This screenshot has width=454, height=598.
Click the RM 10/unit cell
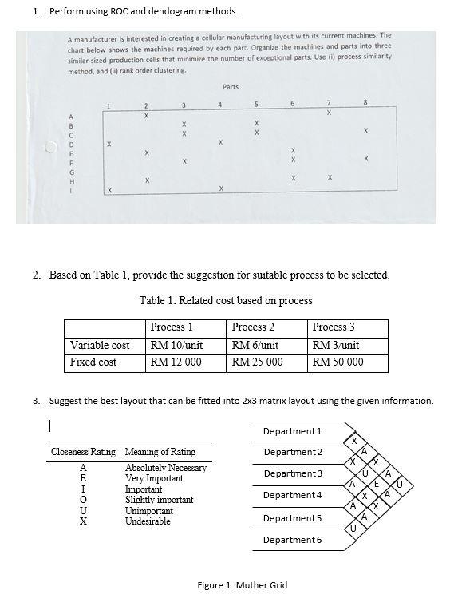176,345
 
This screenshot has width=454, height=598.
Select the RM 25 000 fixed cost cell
257,362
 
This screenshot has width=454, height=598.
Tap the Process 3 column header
334,327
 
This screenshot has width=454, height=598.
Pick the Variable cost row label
100,345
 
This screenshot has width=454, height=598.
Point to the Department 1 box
293,431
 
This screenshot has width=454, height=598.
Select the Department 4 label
293,495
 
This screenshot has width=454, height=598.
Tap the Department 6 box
293,540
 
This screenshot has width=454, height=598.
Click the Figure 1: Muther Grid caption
243,585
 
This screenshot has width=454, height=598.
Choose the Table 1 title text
226,300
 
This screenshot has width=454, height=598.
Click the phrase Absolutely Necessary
166,468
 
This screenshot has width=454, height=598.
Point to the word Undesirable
148,521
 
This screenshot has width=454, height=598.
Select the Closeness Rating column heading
83,452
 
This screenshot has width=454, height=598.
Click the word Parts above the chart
231,86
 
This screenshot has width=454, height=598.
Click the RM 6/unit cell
255,345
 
